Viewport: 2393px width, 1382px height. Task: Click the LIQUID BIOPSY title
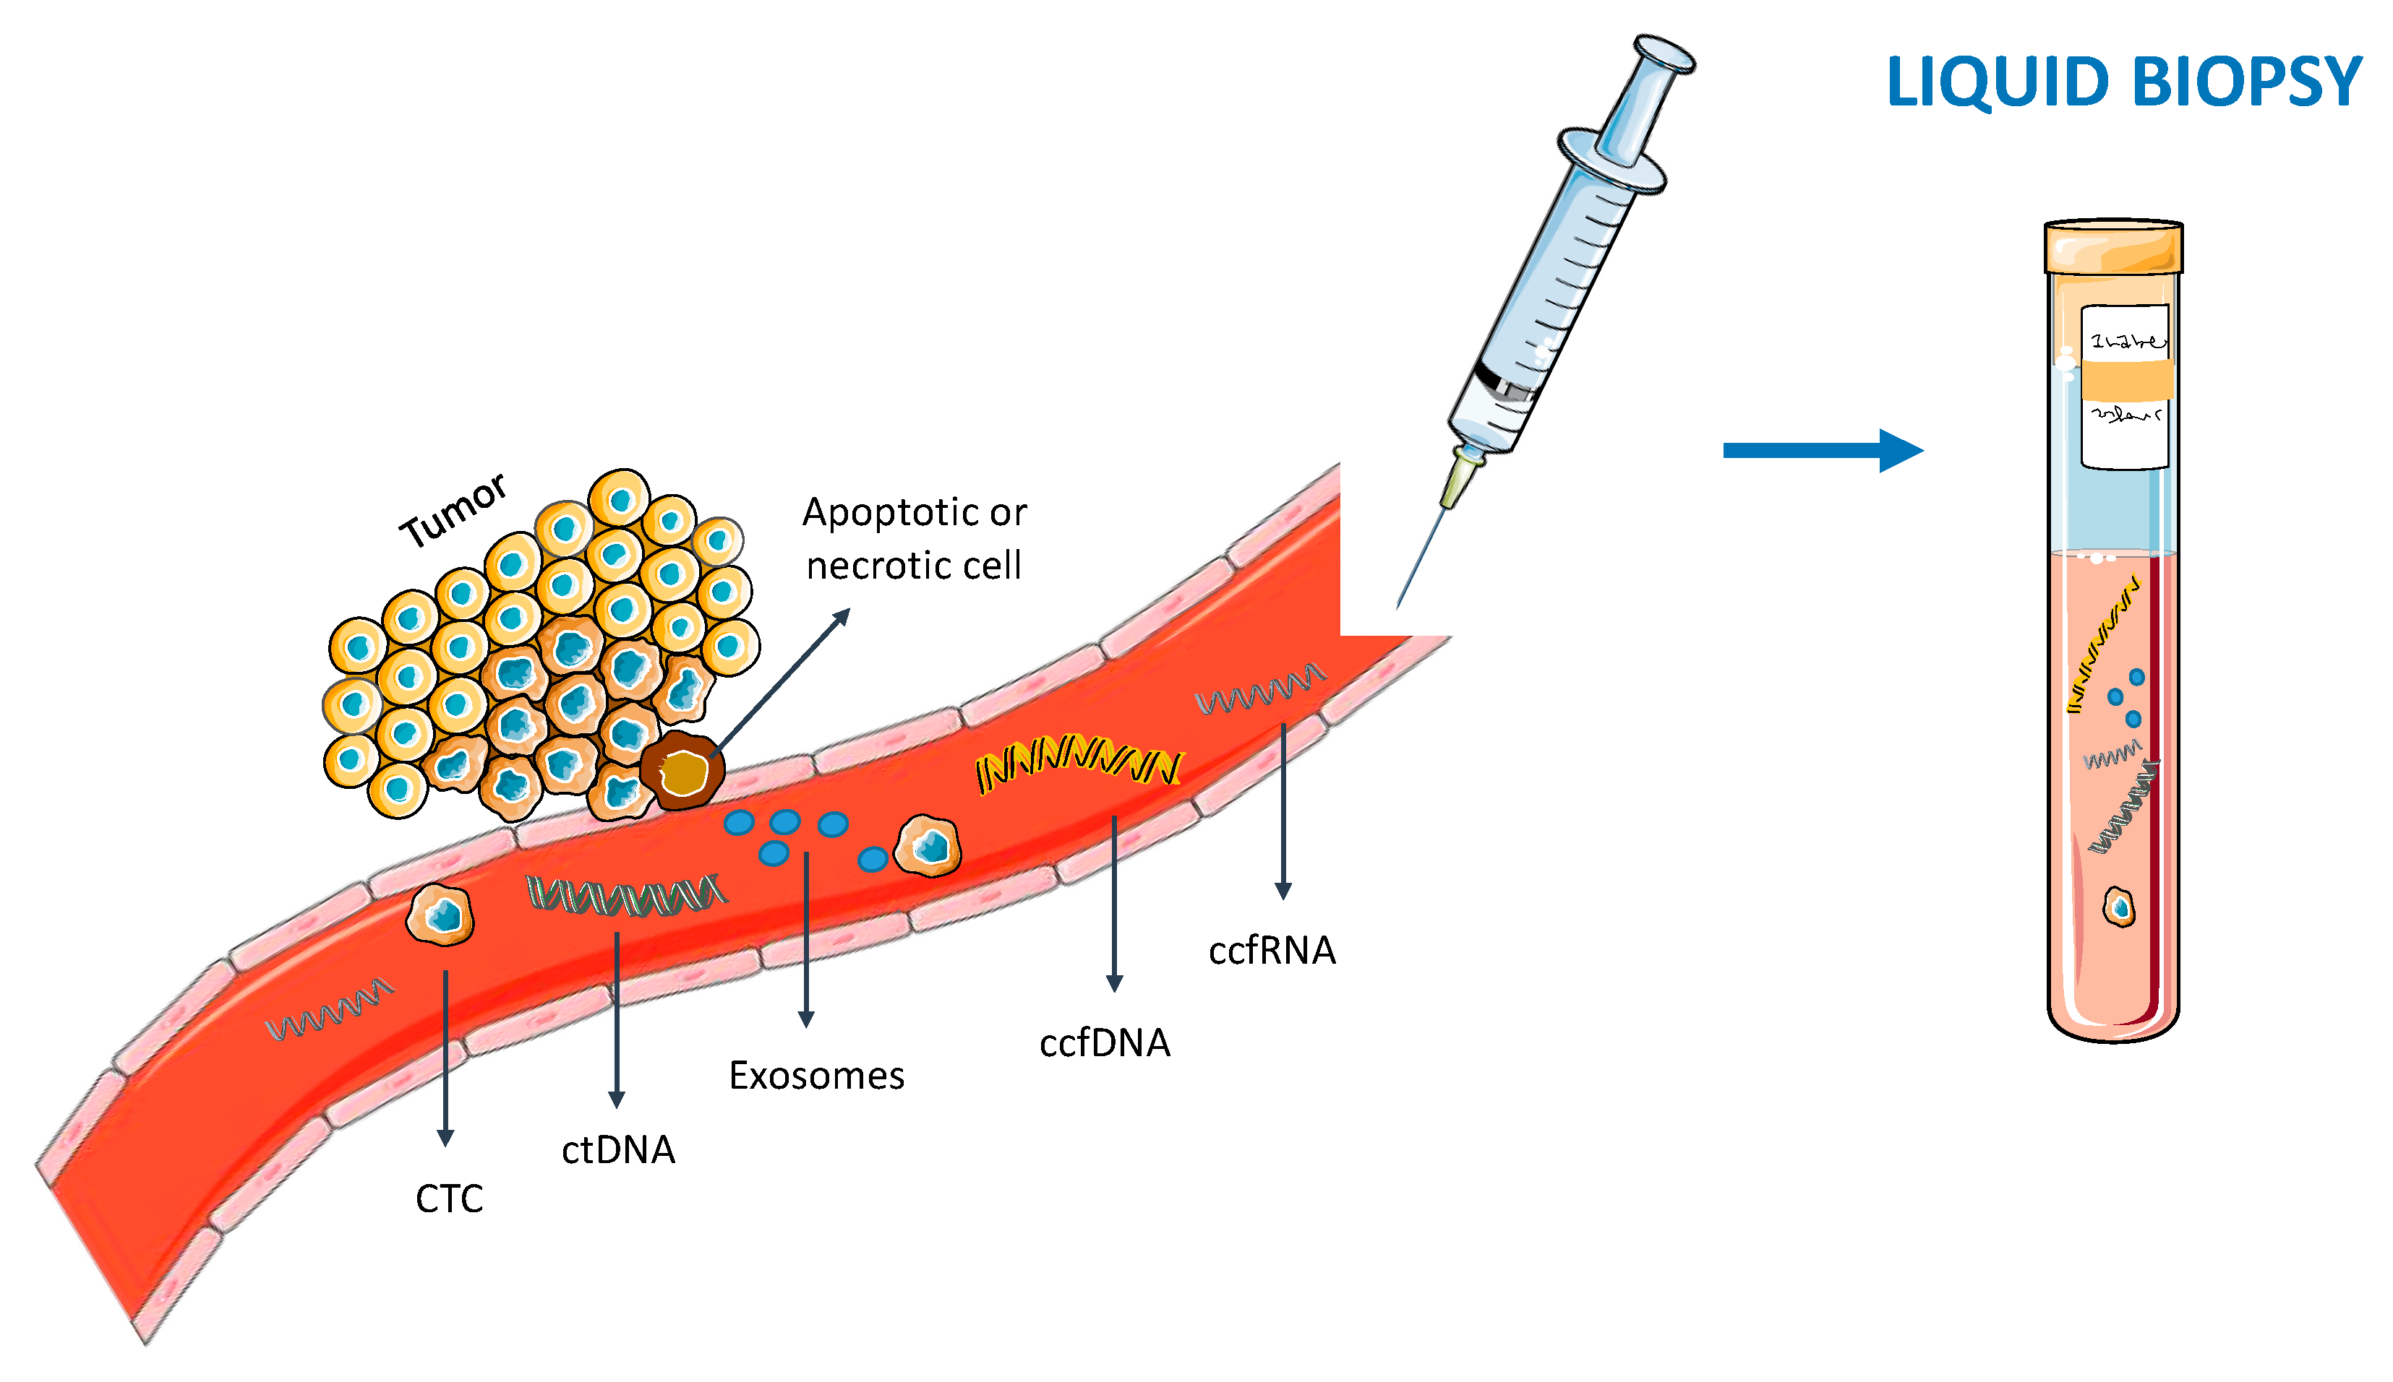2123,82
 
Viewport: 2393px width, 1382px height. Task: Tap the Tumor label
454,511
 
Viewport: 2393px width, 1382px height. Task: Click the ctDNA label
618,1150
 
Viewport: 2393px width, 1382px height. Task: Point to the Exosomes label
817,1076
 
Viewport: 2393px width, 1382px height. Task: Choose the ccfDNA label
1105,1044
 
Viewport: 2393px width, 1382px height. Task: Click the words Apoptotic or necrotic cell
914,539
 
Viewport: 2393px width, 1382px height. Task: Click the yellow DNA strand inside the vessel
1078,762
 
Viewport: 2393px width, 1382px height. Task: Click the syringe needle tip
1400,605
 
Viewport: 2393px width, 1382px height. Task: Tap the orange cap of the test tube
2113,247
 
